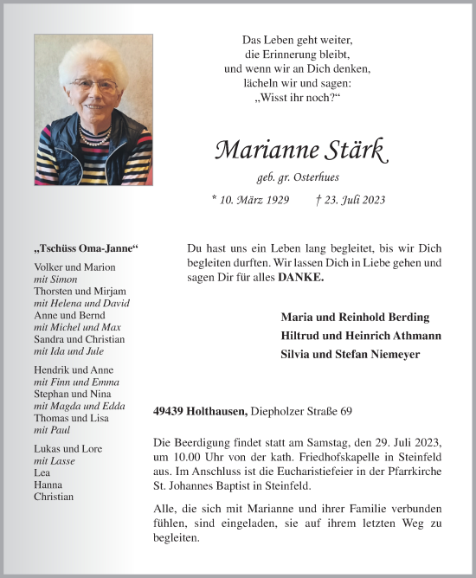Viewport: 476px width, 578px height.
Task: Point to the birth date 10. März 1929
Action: [250, 200]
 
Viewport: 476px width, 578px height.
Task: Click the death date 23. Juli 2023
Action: [351, 200]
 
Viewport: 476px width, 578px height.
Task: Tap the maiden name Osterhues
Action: [321, 177]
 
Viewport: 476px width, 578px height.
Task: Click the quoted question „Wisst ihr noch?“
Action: [297, 97]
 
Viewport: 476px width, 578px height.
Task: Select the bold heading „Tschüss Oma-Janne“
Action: [86, 248]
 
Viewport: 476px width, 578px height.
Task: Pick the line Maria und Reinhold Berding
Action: [355, 317]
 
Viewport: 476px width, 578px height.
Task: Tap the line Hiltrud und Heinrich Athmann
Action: [361, 336]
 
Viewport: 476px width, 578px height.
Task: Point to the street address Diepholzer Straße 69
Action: [302, 412]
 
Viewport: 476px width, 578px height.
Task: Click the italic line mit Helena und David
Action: [81, 304]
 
